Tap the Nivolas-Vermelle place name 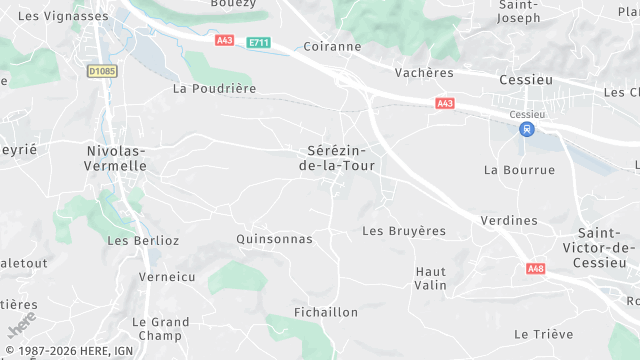tap(116, 157)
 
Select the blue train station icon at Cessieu tap(527, 129)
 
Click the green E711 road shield tap(259, 42)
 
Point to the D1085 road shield tap(101, 71)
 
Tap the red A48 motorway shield tap(536, 269)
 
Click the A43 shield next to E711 tap(224, 40)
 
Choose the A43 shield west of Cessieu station tap(445, 103)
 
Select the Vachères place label tap(424, 72)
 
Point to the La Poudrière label tap(214, 88)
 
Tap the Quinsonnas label tap(274, 239)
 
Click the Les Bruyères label tap(403, 231)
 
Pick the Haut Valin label tap(430, 278)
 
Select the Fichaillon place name tap(326, 312)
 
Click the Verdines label tap(508, 220)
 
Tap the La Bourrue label tap(519, 170)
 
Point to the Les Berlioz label tap(143, 240)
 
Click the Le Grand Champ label tap(160, 329)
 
